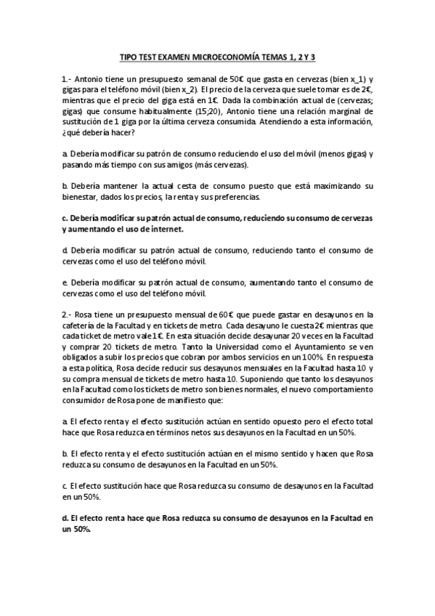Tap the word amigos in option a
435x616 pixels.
tap(155, 165)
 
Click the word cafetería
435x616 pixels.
tap(83, 325)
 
